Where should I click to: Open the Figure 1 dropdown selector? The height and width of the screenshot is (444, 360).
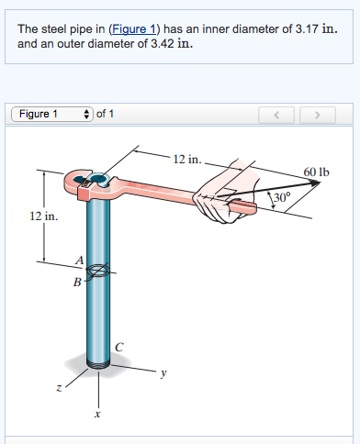click(52, 114)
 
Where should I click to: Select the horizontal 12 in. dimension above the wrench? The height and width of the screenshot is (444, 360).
click(186, 159)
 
